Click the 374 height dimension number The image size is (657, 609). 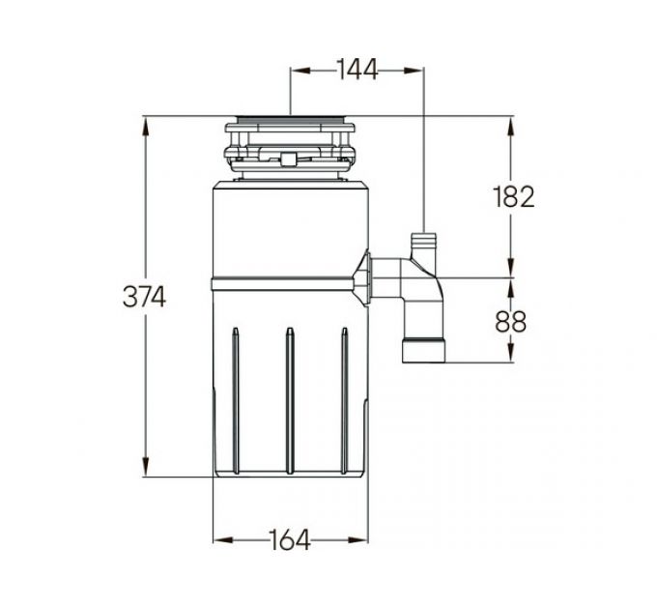pos(144,297)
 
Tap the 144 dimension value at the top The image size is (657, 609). pos(357,70)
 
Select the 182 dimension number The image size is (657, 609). pos(514,196)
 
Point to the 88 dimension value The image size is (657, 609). pos(511,322)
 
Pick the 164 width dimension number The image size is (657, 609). pos(289,539)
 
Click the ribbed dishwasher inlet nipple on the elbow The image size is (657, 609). pos(423,243)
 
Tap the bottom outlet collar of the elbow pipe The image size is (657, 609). pos(423,350)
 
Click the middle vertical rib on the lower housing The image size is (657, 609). pos(290,401)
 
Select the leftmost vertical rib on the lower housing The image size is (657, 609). pos(236,401)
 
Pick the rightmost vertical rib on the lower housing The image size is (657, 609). pos(344,401)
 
